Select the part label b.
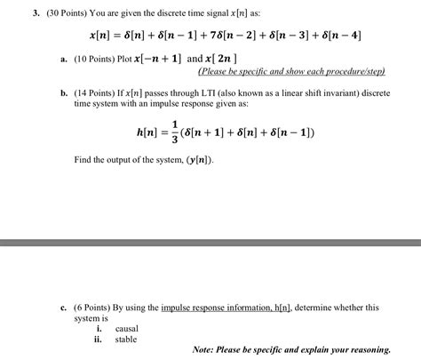point(64,92)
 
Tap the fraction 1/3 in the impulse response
point(174,132)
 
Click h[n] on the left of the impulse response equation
point(146,132)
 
